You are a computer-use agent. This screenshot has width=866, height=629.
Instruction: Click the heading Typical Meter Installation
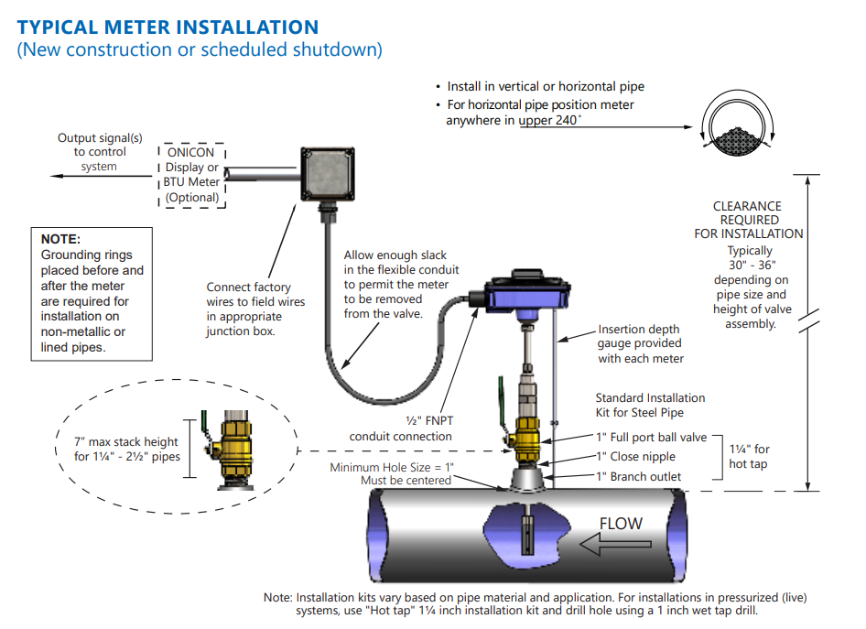[168, 27]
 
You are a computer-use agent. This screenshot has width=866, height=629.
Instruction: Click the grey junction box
[329, 175]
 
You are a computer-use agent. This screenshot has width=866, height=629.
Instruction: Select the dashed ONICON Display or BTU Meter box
[192, 175]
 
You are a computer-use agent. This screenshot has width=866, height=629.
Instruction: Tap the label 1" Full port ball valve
[651, 438]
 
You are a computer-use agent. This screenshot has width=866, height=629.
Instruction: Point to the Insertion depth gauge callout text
[641, 343]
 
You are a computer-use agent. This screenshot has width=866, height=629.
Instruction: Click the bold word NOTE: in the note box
[61, 239]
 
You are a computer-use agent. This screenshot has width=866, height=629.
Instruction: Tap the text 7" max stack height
[126, 443]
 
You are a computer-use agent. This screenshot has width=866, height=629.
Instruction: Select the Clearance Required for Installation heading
[748, 220]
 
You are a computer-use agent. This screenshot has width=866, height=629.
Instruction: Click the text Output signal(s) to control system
[100, 152]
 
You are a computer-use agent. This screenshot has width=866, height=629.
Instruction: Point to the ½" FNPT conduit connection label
[402, 428]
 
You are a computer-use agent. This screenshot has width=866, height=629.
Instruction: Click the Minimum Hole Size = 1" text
[392, 468]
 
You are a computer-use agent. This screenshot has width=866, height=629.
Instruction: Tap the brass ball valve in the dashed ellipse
[222, 449]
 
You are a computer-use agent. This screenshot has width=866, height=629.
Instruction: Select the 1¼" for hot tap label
[749, 456]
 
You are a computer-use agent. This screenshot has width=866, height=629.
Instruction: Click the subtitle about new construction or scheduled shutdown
[200, 50]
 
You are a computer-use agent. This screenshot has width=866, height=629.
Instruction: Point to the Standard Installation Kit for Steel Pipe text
[650, 406]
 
